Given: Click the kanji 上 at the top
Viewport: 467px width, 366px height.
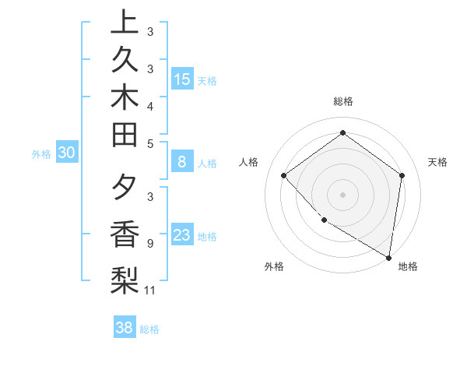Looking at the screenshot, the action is point(125,21).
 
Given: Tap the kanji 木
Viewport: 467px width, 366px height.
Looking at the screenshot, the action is point(125,99).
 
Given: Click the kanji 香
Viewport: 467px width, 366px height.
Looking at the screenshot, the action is point(125,234).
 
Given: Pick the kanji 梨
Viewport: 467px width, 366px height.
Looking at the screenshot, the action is point(125,280).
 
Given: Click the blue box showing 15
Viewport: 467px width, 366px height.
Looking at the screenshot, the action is point(182,79).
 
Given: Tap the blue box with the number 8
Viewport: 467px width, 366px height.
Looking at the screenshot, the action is point(182,163).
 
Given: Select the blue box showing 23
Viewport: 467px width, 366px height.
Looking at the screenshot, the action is point(182,236).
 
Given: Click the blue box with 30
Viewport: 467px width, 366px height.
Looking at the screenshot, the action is point(67,153).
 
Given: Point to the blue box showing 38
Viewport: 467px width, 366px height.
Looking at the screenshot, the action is point(125,328).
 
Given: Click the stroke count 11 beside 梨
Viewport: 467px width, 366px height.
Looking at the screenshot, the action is point(150,290).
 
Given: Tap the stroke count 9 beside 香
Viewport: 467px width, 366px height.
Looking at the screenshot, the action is point(149,243).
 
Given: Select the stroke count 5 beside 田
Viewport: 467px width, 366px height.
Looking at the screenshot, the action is point(149,143).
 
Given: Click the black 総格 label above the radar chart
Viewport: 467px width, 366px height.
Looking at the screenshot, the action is point(342,101).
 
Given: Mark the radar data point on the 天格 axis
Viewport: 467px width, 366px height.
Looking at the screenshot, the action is point(402,175).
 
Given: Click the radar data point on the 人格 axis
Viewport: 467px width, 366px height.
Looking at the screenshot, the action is point(284,175).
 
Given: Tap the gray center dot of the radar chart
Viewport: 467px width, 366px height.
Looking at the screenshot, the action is point(342,194).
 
